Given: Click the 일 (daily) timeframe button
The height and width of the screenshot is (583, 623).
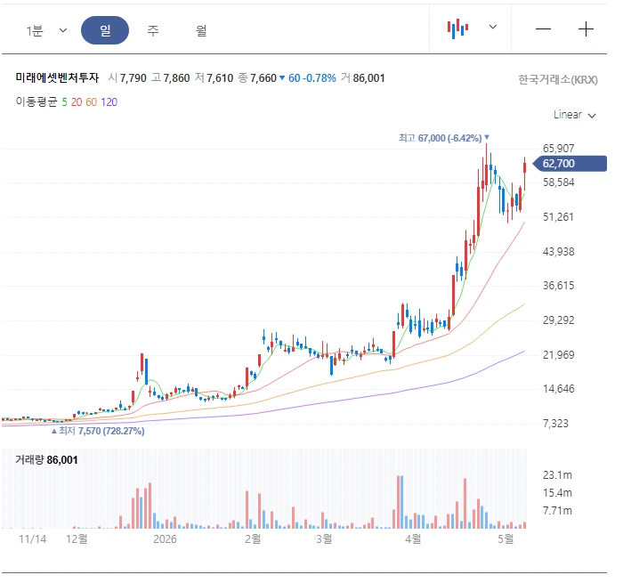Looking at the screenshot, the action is pyautogui.click(x=105, y=30).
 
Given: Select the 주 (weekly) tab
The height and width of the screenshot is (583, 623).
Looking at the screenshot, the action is pyautogui.click(x=153, y=30).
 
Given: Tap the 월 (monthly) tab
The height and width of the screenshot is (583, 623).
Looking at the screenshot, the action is pyautogui.click(x=201, y=30).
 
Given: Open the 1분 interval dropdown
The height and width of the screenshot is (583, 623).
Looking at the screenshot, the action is pyautogui.click(x=46, y=30).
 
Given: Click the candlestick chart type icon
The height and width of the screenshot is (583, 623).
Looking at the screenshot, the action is pyautogui.click(x=457, y=28).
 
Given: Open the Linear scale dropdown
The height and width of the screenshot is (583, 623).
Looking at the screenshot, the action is pyautogui.click(x=575, y=115).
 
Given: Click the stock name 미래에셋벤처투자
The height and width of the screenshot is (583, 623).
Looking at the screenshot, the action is pyautogui.click(x=57, y=77).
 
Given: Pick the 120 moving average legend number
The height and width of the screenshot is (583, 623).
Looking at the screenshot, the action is pyautogui.click(x=109, y=102).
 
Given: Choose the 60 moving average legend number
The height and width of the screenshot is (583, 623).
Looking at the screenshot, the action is pyautogui.click(x=91, y=102).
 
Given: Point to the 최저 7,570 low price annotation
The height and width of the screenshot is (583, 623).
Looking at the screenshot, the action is pyautogui.click(x=98, y=431).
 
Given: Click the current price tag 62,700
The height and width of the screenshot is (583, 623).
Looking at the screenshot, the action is pyautogui.click(x=570, y=164).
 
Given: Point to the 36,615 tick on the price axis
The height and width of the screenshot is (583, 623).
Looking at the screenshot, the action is pyautogui.click(x=558, y=286).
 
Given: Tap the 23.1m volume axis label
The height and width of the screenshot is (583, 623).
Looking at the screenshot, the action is pyautogui.click(x=557, y=475).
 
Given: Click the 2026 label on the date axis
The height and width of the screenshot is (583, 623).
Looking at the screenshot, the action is pyautogui.click(x=165, y=538).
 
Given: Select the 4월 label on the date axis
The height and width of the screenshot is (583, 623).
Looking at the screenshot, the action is pyautogui.click(x=413, y=538).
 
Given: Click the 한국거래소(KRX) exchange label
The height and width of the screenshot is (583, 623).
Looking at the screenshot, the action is pyautogui.click(x=558, y=80).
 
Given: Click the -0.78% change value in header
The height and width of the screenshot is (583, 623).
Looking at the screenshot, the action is pyautogui.click(x=320, y=78).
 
